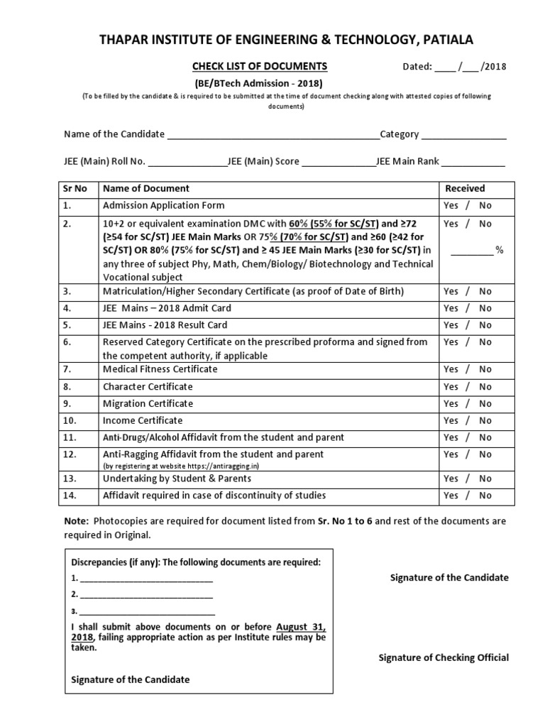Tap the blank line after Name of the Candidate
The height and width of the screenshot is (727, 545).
click(x=272, y=135)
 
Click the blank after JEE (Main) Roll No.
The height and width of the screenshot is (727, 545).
click(x=187, y=162)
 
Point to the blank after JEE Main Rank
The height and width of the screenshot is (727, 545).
click(x=474, y=162)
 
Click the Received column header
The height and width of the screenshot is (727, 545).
click(x=465, y=189)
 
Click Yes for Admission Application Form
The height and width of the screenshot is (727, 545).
click(x=451, y=206)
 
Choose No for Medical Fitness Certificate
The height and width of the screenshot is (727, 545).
click(x=485, y=369)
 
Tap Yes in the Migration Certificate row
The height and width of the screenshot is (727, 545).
click(x=451, y=403)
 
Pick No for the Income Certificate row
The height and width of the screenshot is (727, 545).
click(x=485, y=420)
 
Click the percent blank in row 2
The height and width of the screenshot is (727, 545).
click(x=471, y=250)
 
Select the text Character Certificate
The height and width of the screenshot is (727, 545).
click(x=148, y=386)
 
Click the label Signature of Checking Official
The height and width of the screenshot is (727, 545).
click(x=444, y=657)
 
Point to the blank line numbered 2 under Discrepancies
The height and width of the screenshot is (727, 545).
click(x=146, y=594)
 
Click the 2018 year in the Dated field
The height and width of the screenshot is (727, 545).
click(x=495, y=67)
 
